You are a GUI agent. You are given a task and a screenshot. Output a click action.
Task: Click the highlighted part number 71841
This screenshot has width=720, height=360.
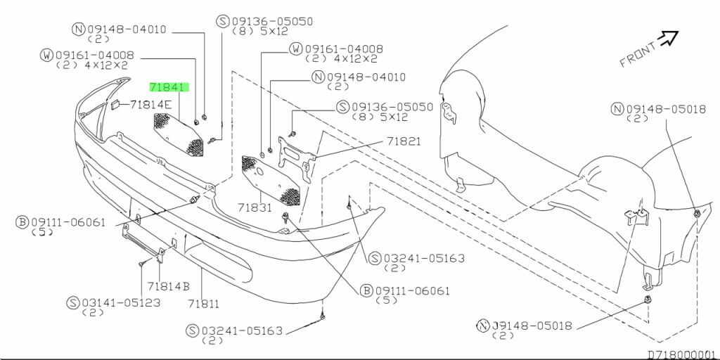169,88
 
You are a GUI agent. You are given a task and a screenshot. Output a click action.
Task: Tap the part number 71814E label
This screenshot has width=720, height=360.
150,105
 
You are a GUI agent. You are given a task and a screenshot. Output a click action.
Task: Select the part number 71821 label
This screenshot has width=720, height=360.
403,141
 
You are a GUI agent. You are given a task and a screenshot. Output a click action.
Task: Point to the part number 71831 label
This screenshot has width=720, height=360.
254,208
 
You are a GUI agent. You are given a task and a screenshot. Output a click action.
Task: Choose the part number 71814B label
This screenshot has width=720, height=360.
169,287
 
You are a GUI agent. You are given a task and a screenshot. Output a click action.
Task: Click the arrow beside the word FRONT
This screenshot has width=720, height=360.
668,38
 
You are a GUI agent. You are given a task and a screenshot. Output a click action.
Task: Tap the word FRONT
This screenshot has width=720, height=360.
637,54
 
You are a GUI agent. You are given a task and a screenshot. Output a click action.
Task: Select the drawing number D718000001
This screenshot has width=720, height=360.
681,354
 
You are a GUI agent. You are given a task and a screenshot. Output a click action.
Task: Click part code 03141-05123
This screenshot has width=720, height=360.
120,302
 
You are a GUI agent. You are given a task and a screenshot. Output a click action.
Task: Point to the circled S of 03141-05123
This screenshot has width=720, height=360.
72,302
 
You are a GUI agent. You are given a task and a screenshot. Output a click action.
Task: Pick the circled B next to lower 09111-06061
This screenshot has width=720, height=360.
366,290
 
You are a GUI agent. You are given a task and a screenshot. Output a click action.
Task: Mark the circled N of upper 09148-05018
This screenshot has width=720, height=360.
617,108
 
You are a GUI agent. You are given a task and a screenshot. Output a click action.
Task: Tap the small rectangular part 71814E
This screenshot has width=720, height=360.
112,105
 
